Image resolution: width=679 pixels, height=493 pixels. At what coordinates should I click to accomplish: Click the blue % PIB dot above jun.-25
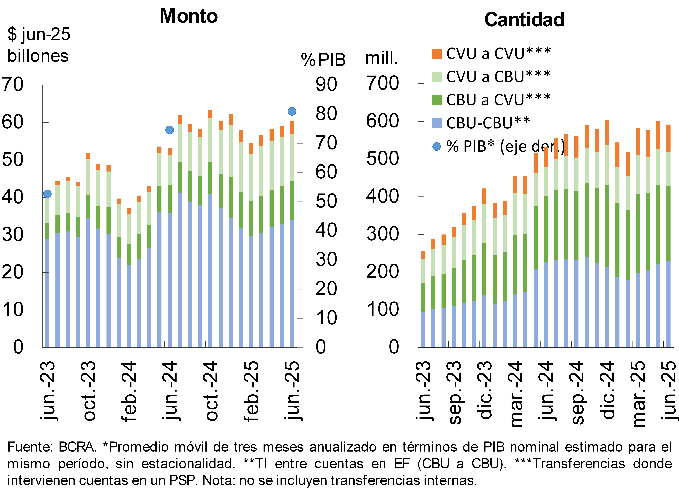(x=292, y=111)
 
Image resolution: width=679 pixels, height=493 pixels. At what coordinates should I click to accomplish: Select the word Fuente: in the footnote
(x=30, y=447)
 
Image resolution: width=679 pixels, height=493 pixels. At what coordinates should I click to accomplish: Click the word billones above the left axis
(x=38, y=56)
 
